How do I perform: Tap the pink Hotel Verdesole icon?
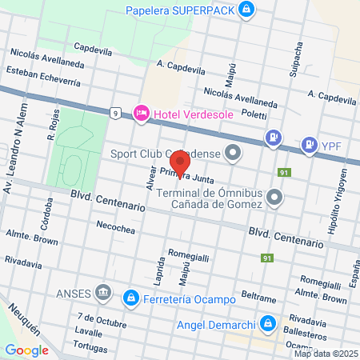pyautogui.click(x=142, y=114)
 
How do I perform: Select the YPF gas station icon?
pyautogui.click(x=307, y=145)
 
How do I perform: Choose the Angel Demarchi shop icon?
pyautogui.click(x=270, y=324)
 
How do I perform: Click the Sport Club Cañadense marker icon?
pyautogui.click(x=233, y=152)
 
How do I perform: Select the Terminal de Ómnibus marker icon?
pyautogui.click(x=275, y=196)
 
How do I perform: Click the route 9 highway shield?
pyautogui.click(x=116, y=113)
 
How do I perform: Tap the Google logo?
pyautogui.click(x=26, y=350)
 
